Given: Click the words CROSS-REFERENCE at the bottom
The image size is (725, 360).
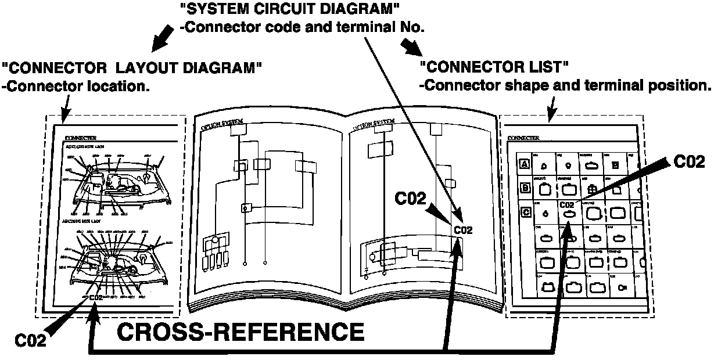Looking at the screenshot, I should coord(241,332).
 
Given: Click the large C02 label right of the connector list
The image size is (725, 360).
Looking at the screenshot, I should coord(690,162).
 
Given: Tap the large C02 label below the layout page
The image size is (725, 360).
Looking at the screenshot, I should coord(30,340).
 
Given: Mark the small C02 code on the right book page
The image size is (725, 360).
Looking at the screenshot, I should coord(463,230).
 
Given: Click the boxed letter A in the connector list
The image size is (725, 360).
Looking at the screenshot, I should coord(525,164).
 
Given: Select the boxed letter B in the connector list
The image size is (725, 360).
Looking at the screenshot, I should coord(525,188).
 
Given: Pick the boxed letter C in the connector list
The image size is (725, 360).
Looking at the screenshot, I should coord(525,212).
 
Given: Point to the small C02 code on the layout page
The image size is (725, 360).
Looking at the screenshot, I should coord(96,297).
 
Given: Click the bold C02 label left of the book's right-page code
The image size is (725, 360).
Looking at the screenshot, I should coord(411,198).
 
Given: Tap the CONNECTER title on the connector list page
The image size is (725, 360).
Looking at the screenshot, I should coord(523,138).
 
